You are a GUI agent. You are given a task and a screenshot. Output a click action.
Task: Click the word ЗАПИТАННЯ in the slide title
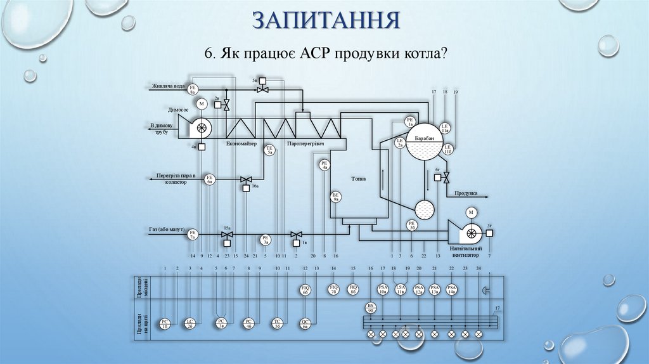click(324, 21)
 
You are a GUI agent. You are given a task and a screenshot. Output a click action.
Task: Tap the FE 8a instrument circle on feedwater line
click(194, 89)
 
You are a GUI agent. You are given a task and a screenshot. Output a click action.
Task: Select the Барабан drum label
click(425, 138)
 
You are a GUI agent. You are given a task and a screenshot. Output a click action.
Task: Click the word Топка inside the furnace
click(359, 178)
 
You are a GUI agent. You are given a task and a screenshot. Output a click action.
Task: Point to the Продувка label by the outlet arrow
click(466, 193)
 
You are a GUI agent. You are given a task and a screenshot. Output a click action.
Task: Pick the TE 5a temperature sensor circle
click(269, 150)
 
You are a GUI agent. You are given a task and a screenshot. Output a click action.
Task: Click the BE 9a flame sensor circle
click(336, 198)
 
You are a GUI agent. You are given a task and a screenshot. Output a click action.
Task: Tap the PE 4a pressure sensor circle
click(324, 165)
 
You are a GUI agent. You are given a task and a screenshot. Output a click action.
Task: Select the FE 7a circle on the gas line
click(192, 234)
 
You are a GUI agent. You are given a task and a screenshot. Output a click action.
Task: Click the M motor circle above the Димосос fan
click(202, 103)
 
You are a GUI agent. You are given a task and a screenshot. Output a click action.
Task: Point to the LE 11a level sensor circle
click(445, 128)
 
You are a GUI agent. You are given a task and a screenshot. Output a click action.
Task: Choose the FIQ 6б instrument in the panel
click(305, 290)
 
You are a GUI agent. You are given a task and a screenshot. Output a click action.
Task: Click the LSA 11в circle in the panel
click(401, 290)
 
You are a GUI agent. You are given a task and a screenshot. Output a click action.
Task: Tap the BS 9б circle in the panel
click(371, 308)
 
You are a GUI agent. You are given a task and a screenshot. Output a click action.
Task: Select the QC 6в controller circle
click(305, 323)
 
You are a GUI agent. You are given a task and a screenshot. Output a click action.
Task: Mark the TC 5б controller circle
click(277, 323)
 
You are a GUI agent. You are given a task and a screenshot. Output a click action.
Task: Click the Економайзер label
click(241, 144)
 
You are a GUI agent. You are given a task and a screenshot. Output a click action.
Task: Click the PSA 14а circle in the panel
click(451, 290)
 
